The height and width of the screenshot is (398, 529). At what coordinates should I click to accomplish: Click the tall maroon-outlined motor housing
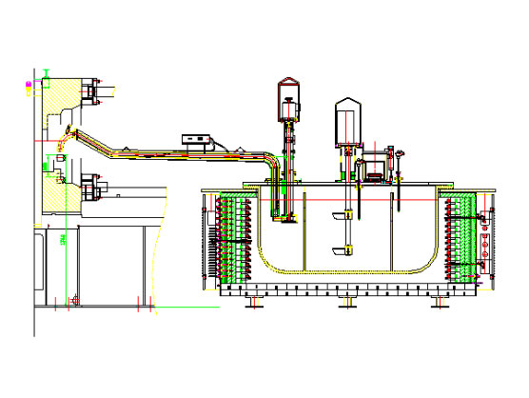point(287,97)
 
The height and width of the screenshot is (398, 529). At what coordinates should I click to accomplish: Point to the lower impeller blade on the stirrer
point(338,251)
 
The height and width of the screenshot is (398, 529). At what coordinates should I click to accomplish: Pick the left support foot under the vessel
point(255,301)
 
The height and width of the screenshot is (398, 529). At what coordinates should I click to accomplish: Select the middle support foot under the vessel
point(346,301)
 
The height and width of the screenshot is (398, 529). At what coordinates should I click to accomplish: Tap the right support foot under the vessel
point(439,301)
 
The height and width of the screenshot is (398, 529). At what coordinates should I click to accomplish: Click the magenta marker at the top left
point(29,85)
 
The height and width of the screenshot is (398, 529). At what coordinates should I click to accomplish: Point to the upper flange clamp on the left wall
point(92,92)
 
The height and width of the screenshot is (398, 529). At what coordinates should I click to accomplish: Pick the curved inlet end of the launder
point(63,142)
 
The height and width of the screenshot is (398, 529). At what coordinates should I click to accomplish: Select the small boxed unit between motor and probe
point(374,170)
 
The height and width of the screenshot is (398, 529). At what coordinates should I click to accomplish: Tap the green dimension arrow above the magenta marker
point(45,73)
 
